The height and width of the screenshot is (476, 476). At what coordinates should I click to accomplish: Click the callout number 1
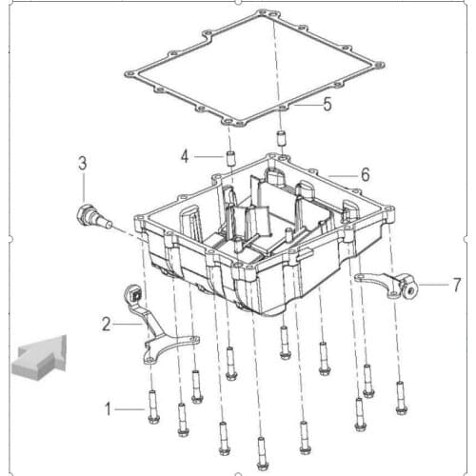[108, 409]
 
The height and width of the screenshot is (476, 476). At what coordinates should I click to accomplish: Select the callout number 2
[107, 325]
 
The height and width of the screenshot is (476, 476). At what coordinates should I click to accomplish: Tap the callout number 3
[83, 164]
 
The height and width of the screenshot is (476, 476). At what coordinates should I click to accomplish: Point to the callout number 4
[185, 156]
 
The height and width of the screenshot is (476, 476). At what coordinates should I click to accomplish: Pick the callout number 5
[327, 104]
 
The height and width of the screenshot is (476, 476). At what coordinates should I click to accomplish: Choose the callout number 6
[366, 174]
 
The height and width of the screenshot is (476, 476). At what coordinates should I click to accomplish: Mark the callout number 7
[456, 285]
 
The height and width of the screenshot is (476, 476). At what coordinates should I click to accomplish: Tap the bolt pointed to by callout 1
[153, 407]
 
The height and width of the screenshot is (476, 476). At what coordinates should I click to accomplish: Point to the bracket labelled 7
[386, 285]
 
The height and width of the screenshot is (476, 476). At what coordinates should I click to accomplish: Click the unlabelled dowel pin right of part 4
[281, 138]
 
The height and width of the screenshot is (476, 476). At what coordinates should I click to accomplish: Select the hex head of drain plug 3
[83, 216]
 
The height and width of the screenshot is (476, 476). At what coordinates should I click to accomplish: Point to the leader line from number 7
[434, 285]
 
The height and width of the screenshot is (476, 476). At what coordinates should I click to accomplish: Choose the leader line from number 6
[343, 175]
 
